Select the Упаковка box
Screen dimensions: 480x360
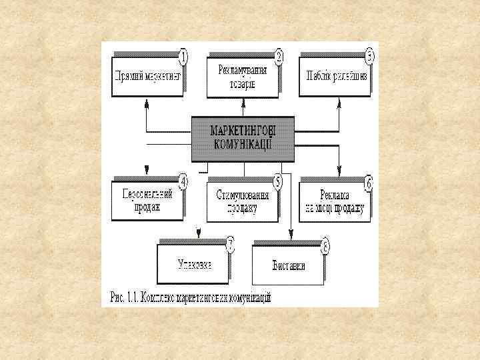194,263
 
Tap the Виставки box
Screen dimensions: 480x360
288,265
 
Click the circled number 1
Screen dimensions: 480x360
183,56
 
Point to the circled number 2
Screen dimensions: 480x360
279,55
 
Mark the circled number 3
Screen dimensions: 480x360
370,55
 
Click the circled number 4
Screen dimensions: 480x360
183,181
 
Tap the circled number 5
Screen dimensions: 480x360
278,181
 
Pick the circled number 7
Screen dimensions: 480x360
230,244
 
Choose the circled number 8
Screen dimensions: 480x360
325,245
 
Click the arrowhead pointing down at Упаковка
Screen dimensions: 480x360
197,233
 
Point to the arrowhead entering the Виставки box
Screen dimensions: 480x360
291,233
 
